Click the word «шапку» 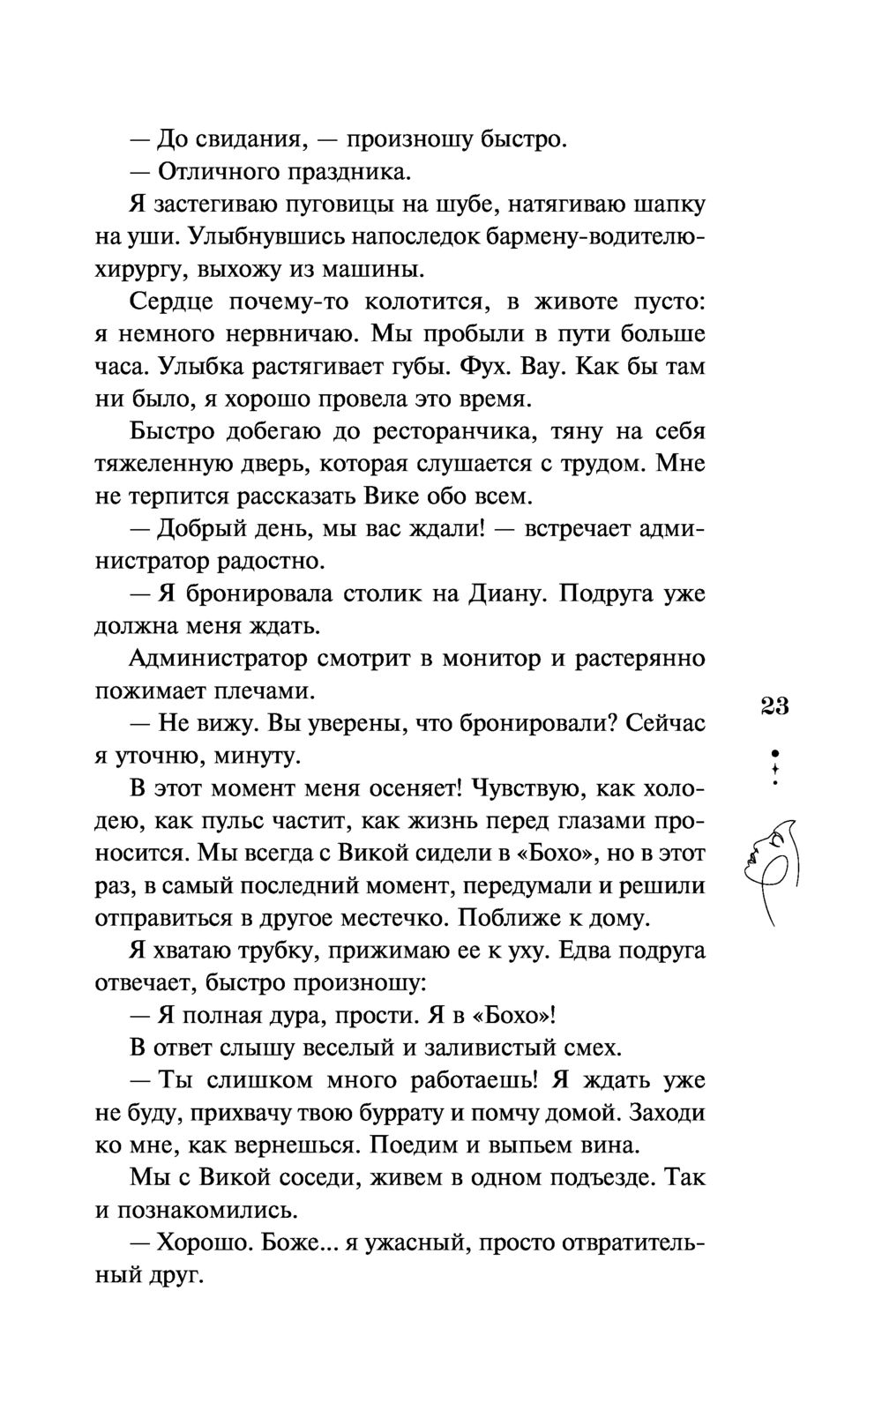669,205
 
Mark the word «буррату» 385,1113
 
